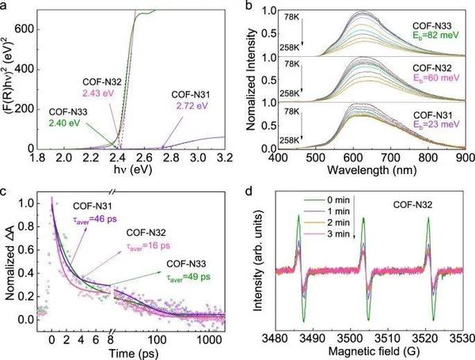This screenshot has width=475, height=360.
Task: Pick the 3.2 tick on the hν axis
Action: click(x=226, y=158)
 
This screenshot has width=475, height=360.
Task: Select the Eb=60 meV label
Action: click(x=427, y=81)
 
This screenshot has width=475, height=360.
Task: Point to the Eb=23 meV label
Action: click(x=427, y=127)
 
